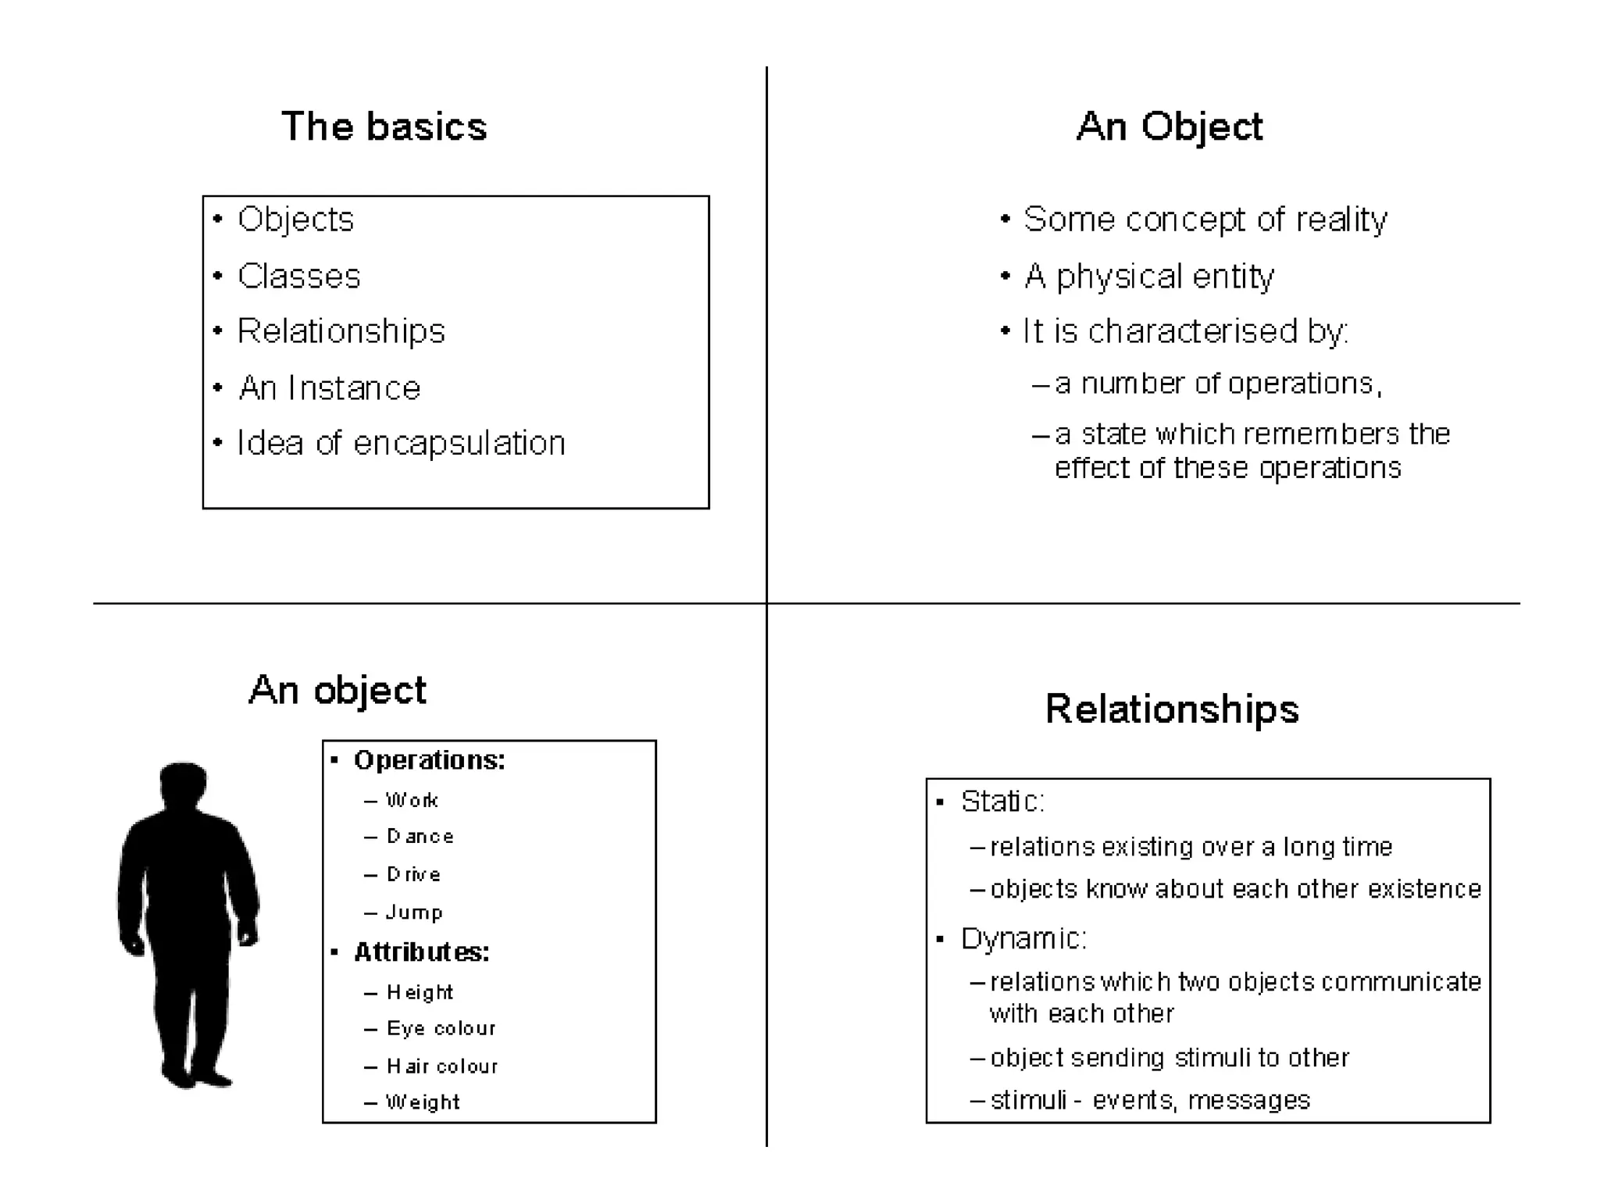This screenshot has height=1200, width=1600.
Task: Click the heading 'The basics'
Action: click(x=384, y=127)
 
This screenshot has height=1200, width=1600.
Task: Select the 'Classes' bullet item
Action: click(x=298, y=277)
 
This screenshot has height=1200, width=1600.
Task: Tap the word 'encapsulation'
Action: click(x=459, y=444)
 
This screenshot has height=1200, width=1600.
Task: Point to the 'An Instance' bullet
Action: click(x=329, y=388)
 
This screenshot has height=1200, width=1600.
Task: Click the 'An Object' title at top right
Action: click(x=1169, y=127)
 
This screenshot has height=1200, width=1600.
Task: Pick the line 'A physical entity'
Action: click(x=1148, y=277)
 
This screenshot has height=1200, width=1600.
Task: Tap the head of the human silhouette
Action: click(x=184, y=783)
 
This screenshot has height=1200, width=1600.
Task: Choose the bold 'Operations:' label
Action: click(x=429, y=760)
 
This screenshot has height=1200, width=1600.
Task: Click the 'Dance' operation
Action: click(x=420, y=837)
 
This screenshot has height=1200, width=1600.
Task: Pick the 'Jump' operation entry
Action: click(x=414, y=912)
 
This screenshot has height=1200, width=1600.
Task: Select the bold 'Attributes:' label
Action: click(x=421, y=952)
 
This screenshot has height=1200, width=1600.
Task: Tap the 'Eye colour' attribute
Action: click(x=441, y=1028)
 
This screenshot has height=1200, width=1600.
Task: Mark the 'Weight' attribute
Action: click(x=423, y=1102)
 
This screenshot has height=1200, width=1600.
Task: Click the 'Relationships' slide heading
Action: click(x=1171, y=709)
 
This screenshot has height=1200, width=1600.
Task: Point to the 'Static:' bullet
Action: click(x=1002, y=802)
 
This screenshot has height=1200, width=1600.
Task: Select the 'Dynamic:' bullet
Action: click(x=1023, y=938)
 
